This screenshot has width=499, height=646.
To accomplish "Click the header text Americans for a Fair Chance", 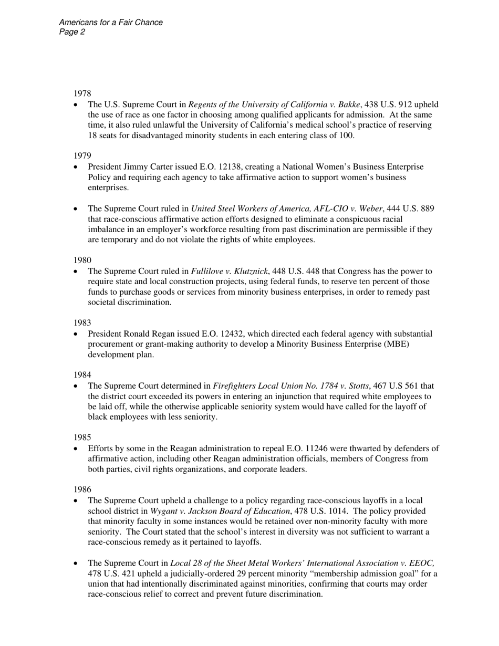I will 111,23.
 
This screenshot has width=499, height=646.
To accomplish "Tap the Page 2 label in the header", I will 72,32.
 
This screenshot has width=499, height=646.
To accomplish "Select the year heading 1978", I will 82,94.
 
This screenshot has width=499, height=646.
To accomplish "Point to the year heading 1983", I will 82,322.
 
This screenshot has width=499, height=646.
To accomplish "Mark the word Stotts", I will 356,386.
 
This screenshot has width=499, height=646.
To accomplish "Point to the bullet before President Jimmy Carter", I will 77,167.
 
